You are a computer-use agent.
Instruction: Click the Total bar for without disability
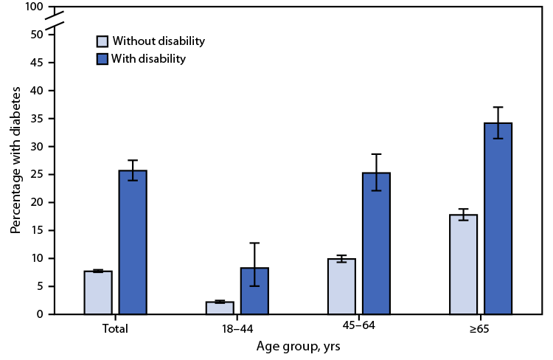tap(98, 293)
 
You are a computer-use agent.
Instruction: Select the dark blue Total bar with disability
tap(133, 243)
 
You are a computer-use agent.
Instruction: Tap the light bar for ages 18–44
tap(220, 308)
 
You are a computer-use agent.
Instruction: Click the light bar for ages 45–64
tap(341, 286)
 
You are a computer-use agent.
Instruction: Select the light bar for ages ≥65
tap(463, 264)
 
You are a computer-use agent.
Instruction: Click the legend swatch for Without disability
tap(104, 41)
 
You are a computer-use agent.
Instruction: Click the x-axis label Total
tap(116, 329)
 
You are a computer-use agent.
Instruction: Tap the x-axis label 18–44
tap(237, 329)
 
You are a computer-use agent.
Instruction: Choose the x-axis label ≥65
tap(480, 329)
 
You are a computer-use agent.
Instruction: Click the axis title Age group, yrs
tap(298, 346)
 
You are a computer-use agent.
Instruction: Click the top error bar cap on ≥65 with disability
tap(498, 107)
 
